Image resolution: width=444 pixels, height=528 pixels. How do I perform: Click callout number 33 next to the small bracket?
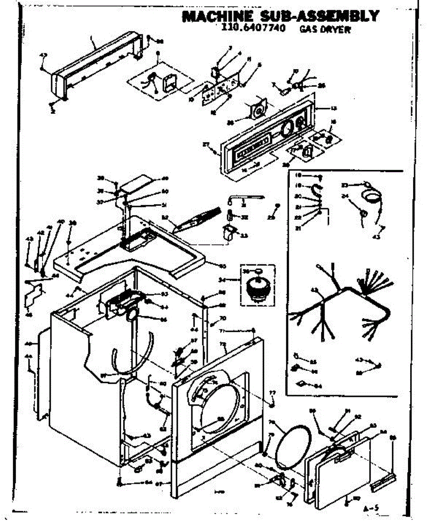[x=243, y=235]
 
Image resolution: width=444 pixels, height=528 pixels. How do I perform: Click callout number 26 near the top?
[x=321, y=85]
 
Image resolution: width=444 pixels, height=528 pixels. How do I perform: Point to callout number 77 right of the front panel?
[x=272, y=392]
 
